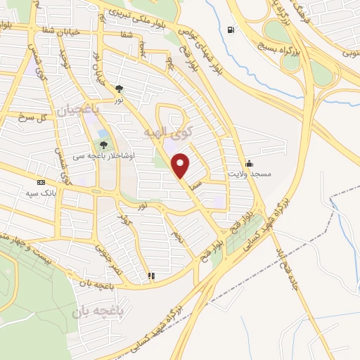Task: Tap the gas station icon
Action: click(231, 30)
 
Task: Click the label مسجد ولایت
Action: click(248, 173)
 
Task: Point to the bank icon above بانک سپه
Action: click(41, 182)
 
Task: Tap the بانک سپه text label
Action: click(41, 193)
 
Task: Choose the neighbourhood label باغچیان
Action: click(118, 110)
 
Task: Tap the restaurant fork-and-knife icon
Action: click(150, 276)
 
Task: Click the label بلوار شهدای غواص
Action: click(193, 42)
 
